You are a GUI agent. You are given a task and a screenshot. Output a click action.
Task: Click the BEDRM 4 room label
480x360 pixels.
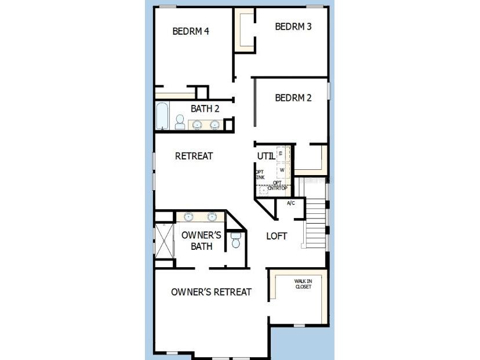[x=191, y=31]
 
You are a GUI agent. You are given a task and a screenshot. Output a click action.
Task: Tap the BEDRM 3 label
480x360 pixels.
[x=293, y=26]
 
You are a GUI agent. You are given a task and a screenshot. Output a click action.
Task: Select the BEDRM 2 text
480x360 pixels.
[x=293, y=98]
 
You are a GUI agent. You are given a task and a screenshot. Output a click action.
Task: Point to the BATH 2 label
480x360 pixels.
[x=205, y=108]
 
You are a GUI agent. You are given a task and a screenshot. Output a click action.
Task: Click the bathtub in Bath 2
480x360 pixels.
[x=162, y=117]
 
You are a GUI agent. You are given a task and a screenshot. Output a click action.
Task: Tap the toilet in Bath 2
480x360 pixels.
[x=180, y=122]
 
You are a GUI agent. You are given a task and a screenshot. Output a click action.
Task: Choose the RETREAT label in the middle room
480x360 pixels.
[x=194, y=156]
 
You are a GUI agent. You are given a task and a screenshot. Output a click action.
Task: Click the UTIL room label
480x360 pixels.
[x=266, y=157]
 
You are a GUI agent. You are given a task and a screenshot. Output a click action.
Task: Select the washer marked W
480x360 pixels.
[x=282, y=170]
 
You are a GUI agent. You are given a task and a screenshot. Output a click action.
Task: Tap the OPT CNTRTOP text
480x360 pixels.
[x=277, y=186]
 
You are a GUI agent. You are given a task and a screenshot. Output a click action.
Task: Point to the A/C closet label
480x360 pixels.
[x=291, y=203]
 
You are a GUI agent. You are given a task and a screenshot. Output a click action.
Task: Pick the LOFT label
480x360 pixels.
[x=277, y=236]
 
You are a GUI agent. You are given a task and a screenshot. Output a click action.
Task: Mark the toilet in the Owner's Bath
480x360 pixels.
[x=235, y=241]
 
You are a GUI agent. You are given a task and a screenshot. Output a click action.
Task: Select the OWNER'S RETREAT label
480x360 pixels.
[x=211, y=292]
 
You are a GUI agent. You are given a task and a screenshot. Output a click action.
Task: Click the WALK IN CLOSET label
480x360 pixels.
[x=303, y=284]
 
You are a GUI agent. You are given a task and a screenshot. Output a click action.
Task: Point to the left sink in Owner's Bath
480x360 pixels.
[x=189, y=217]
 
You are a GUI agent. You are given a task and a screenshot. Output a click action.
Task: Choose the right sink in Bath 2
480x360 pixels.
[x=215, y=124]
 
